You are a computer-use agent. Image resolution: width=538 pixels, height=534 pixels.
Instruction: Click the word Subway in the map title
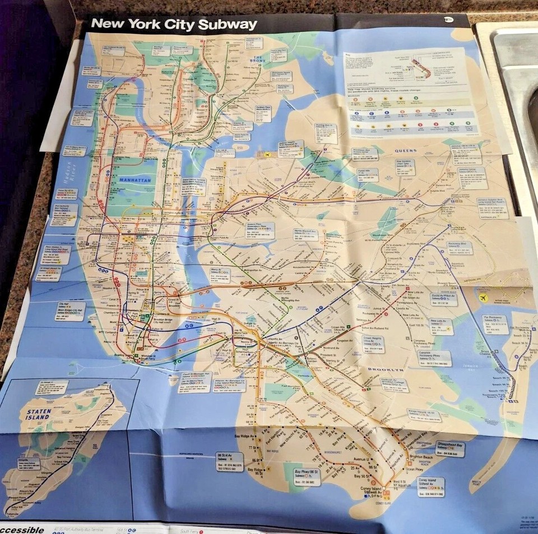click(228, 25)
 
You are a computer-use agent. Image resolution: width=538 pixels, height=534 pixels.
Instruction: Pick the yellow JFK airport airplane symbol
click(484, 297)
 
